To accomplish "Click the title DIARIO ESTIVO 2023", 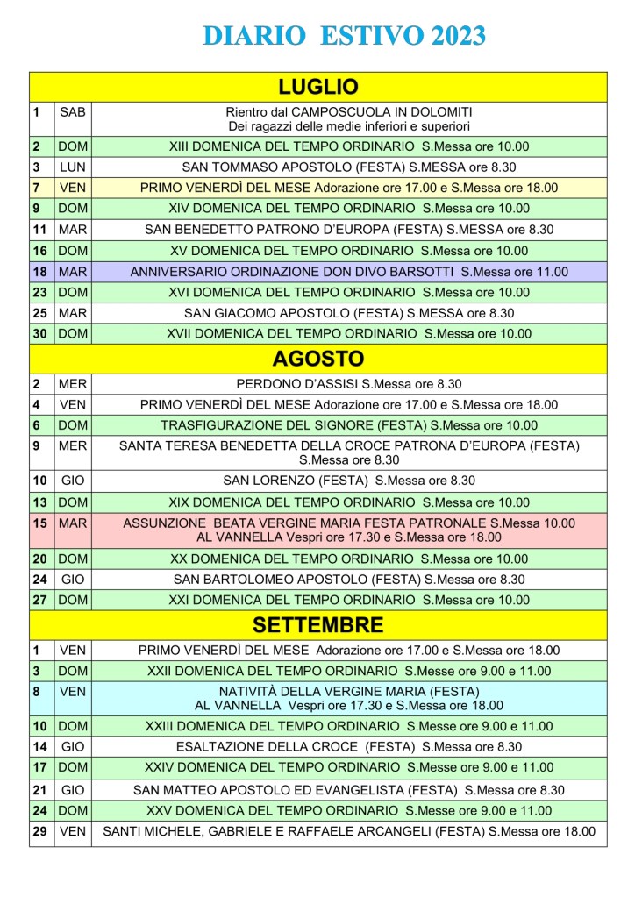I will (x=344, y=36).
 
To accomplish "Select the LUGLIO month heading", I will (x=317, y=86).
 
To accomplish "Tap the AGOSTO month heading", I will (x=317, y=359).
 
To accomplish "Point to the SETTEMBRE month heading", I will (x=317, y=624).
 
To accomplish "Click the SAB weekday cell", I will (x=73, y=112).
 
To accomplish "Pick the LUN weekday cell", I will (x=73, y=167).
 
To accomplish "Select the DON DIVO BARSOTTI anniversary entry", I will (x=349, y=272).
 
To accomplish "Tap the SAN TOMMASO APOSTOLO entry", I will (x=349, y=167).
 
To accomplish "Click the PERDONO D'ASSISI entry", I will (x=349, y=384).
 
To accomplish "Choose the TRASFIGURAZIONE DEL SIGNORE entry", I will (x=349, y=425).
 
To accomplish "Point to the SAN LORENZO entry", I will (x=349, y=481).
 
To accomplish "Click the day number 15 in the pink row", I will (x=39, y=523).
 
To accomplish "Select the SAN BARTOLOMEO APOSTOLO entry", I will (x=349, y=579).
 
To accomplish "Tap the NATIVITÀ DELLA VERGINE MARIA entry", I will (x=349, y=698).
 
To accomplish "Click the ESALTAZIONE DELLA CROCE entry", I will (x=349, y=747).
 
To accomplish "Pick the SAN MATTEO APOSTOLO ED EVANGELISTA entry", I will (x=349, y=789).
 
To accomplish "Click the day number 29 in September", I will (x=39, y=832).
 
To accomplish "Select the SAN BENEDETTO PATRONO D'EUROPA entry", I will (x=349, y=230).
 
